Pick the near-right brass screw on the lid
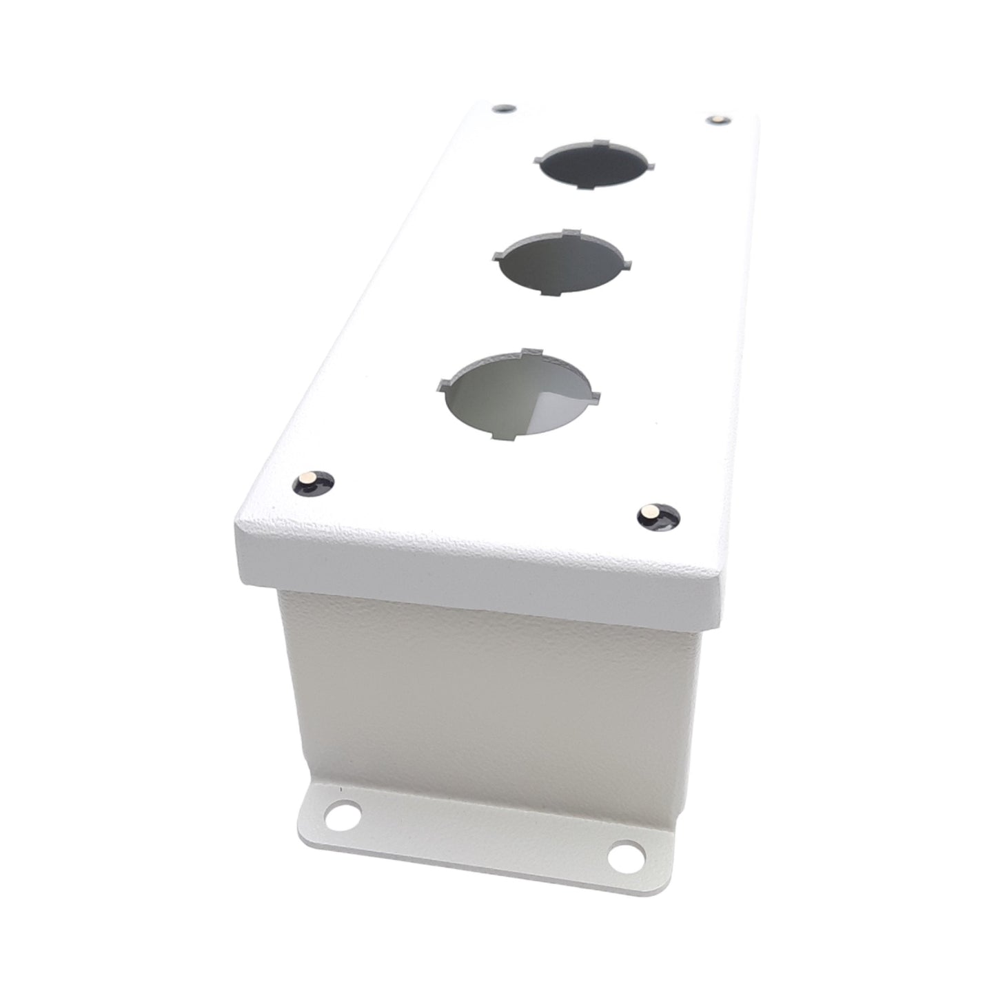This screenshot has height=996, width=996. pos(649,512)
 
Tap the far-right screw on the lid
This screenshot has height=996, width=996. pos(717,120)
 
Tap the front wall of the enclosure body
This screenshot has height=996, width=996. pos(482,696)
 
